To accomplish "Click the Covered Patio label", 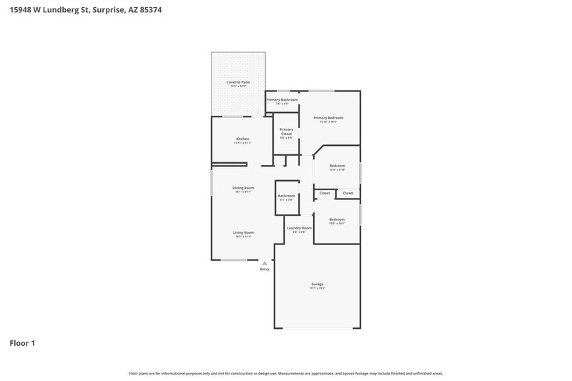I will tap(238, 82).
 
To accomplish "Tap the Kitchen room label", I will tap(242, 139).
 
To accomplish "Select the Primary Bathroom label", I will tap(282, 99).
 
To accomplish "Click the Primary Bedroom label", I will tap(328, 117).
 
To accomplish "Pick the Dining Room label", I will tap(243, 188).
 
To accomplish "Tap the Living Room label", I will tap(243, 232).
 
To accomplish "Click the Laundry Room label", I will tap(299, 228).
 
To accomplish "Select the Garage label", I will tap(317, 284).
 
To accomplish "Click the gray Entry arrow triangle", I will tap(265, 263).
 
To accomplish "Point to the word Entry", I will tap(265, 269).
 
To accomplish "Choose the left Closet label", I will tap(325, 193).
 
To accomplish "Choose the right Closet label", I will tap(348, 193).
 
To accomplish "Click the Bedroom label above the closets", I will tap(337, 166).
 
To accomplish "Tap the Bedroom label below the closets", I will tap(337, 219).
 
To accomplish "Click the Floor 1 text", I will tap(22, 343).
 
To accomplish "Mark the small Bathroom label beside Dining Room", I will tap(286, 196).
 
